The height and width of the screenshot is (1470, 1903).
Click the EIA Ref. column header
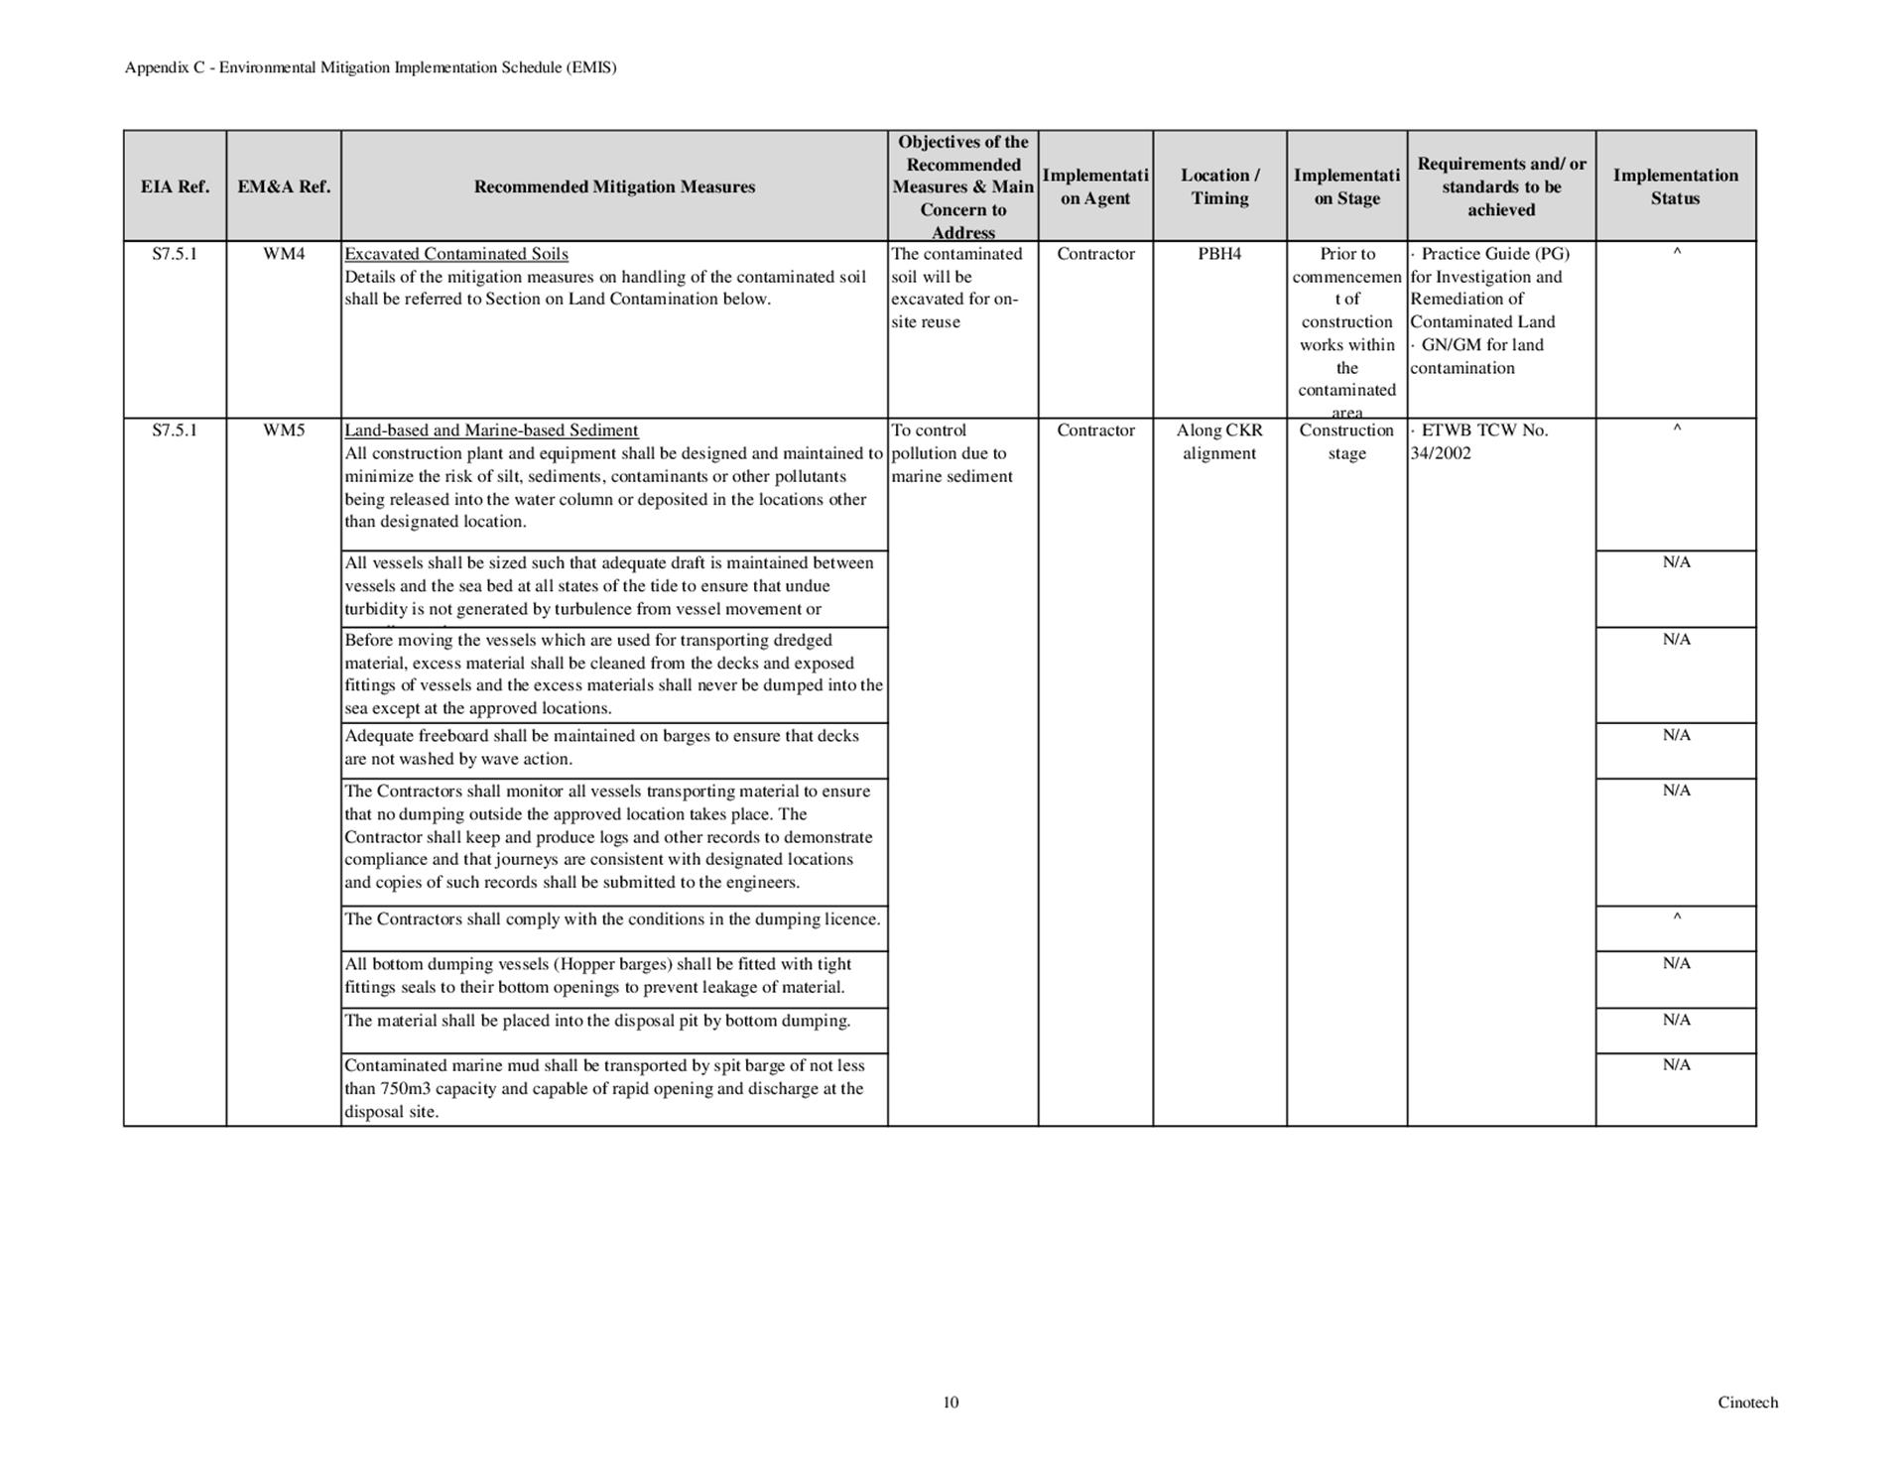pos(175,186)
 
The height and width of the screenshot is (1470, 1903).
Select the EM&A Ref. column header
pos(284,186)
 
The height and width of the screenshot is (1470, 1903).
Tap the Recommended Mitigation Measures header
pos(614,186)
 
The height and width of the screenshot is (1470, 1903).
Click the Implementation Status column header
pos(1675,186)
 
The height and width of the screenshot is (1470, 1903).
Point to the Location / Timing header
pos(1219,186)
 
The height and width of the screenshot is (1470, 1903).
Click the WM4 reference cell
pos(284,254)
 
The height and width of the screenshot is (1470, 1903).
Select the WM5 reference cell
pos(284,430)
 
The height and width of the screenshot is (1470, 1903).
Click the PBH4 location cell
pos(1219,254)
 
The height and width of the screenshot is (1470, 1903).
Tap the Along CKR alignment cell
pos(1219,441)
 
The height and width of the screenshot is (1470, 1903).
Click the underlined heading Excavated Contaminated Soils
pos(456,254)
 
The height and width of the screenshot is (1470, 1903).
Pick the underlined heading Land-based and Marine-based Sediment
pos(491,430)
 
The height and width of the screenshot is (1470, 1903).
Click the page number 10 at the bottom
pos(951,1402)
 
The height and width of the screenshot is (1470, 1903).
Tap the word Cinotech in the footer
pos(1747,1402)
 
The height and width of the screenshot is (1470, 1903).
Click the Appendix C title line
pos(370,67)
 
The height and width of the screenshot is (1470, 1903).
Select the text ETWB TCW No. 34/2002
pos(1478,441)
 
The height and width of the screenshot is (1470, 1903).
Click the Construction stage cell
pos(1346,441)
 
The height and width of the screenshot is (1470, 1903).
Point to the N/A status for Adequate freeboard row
pos(1676,735)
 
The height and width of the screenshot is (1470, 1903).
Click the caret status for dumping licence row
pos(1676,919)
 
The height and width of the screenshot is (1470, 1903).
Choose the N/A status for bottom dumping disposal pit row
pos(1676,1020)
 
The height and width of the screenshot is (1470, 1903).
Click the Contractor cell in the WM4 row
pos(1095,254)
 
